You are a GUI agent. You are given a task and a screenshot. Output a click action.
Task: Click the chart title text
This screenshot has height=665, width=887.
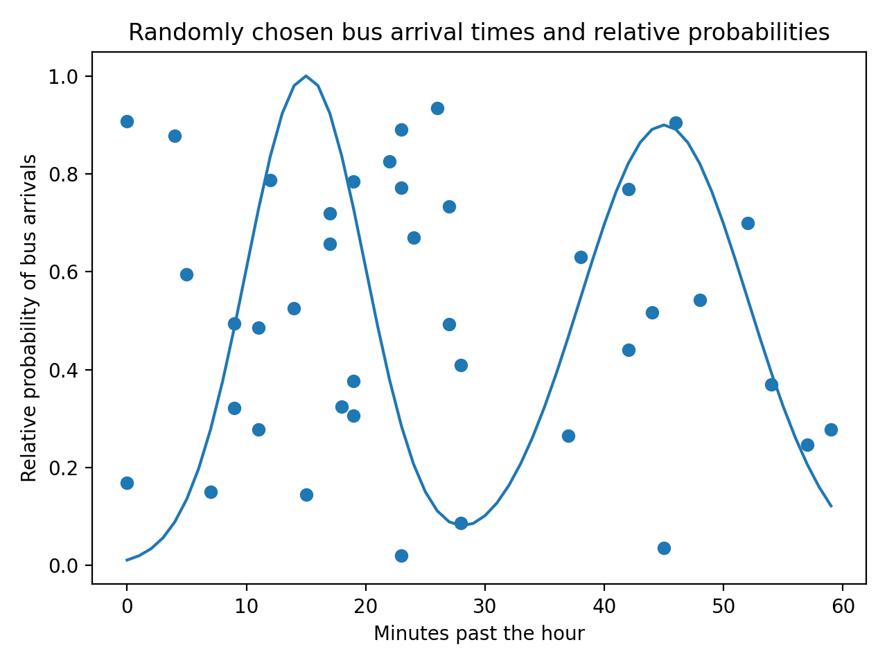(x=479, y=33)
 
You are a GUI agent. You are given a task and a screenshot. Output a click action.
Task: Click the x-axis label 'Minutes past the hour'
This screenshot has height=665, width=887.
(x=479, y=633)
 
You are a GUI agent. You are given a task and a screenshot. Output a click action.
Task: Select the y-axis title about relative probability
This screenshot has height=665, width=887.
(x=29, y=318)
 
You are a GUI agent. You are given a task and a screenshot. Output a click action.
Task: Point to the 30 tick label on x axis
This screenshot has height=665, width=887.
(x=484, y=606)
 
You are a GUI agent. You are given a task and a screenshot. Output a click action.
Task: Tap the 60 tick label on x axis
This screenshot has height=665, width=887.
(x=843, y=606)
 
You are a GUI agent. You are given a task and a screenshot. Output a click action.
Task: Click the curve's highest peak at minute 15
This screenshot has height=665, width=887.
(x=306, y=76)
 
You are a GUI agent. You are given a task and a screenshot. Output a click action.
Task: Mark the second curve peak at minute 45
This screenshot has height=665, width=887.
(x=664, y=125)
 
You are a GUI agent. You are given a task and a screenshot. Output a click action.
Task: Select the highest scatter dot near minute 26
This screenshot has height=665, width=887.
(x=437, y=108)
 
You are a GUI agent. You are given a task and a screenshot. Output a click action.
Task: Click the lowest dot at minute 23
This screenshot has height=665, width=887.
(x=401, y=556)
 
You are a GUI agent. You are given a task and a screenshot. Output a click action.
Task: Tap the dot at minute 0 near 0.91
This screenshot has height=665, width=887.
(x=127, y=121)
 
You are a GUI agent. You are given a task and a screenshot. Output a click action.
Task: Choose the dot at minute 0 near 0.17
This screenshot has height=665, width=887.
(x=127, y=483)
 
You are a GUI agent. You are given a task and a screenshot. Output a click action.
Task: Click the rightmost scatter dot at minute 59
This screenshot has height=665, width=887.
(x=831, y=429)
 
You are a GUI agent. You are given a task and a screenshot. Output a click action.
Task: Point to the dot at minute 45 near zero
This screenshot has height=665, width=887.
(x=664, y=548)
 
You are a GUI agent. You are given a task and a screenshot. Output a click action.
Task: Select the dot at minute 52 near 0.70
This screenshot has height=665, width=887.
(x=748, y=223)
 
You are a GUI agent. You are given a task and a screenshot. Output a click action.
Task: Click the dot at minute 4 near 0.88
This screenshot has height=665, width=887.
(x=175, y=136)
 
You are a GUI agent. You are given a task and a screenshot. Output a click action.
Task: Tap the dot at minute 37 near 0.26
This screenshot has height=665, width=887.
(x=568, y=436)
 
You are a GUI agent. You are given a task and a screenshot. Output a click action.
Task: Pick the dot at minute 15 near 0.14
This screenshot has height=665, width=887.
(x=306, y=495)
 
